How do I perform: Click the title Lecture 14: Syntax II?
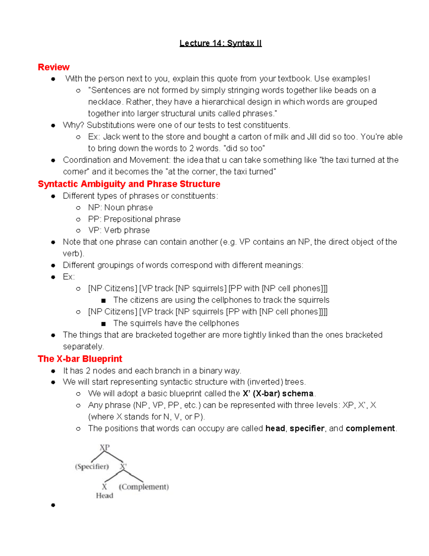click(221, 43)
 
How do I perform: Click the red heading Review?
click(54, 67)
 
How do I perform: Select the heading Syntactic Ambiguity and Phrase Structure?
click(129, 184)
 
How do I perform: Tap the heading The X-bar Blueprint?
click(80, 359)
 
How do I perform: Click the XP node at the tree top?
click(104, 448)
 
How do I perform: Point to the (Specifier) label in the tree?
click(92, 466)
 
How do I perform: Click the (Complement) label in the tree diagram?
click(144, 487)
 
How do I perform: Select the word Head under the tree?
click(104, 496)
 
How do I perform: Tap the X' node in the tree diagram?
click(123, 466)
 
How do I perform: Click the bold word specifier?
click(307, 429)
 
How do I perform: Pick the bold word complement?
click(370, 429)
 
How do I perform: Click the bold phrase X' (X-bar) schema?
click(278, 394)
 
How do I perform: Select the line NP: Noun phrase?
click(120, 208)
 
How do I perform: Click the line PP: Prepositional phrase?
click(134, 219)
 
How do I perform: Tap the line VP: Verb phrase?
click(119, 231)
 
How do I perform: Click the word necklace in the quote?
click(104, 102)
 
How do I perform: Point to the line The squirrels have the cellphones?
click(176, 323)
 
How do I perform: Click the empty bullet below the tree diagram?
click(53, 505)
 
